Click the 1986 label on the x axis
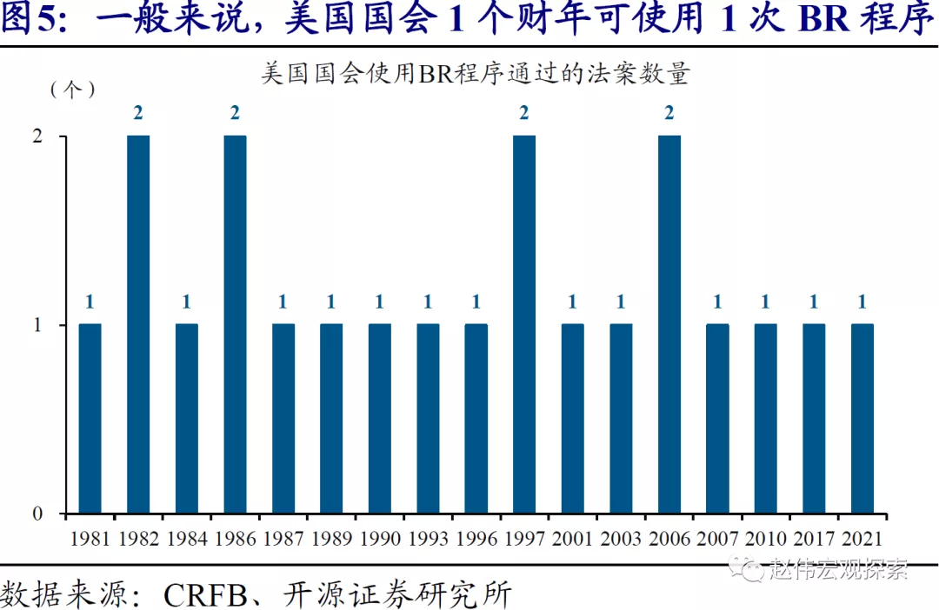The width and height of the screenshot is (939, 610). click(x=235, y=539)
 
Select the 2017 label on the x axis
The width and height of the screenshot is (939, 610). click(x=814, y=539)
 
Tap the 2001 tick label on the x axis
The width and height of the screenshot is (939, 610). click(x=572, y=539)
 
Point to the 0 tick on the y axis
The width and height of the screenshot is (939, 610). click(x=37, y=514)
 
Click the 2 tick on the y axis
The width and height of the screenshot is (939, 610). click(x=37, y=136)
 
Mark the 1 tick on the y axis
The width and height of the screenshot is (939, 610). click(x=37, y=325)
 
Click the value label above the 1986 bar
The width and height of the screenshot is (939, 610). click(x=235, y=113)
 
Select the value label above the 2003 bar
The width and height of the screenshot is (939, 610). click(x=621, y=302)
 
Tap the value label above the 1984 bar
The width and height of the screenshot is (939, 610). click(x=186, y=302)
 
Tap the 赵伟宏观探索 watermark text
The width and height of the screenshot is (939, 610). click(x=838, y=570)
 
